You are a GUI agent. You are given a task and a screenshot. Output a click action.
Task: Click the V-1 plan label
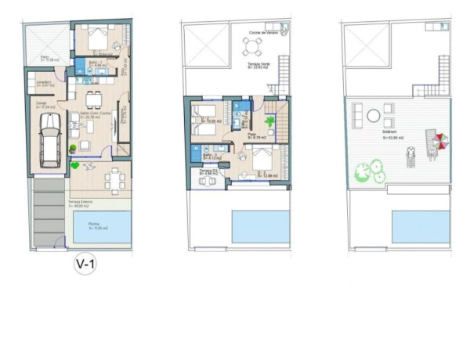(x=85, y=265)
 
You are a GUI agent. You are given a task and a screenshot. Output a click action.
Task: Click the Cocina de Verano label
(x=260, y=32)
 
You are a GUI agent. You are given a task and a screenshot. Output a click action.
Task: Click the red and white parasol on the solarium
(x=441, y=142)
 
